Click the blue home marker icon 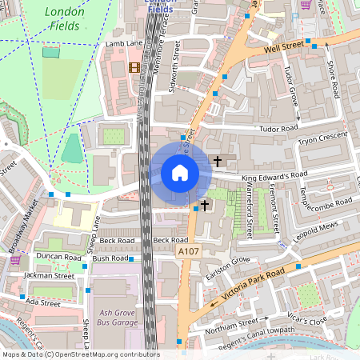pyautogui.click(x=180, y=173)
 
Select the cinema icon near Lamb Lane pyautogui.click(x=134, y=67)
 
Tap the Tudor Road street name pyautogui.click(x=278, y=128)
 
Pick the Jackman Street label pyautogui.click(x=48, y=276)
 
